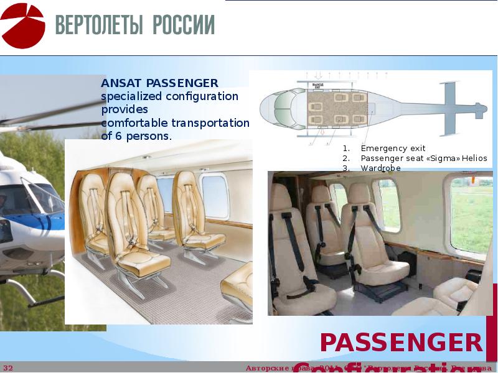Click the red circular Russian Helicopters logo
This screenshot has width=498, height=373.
coord(23,25)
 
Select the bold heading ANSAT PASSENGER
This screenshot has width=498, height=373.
coord(159,83)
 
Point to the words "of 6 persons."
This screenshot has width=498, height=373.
coord(136,136)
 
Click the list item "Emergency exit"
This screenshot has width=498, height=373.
coord(393,149)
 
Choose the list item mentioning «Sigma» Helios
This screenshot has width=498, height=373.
coord(424,159)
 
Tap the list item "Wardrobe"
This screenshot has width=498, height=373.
coord(380,168)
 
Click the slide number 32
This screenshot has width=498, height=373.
coord(8,368)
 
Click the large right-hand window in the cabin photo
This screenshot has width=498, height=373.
coord(471,214)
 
